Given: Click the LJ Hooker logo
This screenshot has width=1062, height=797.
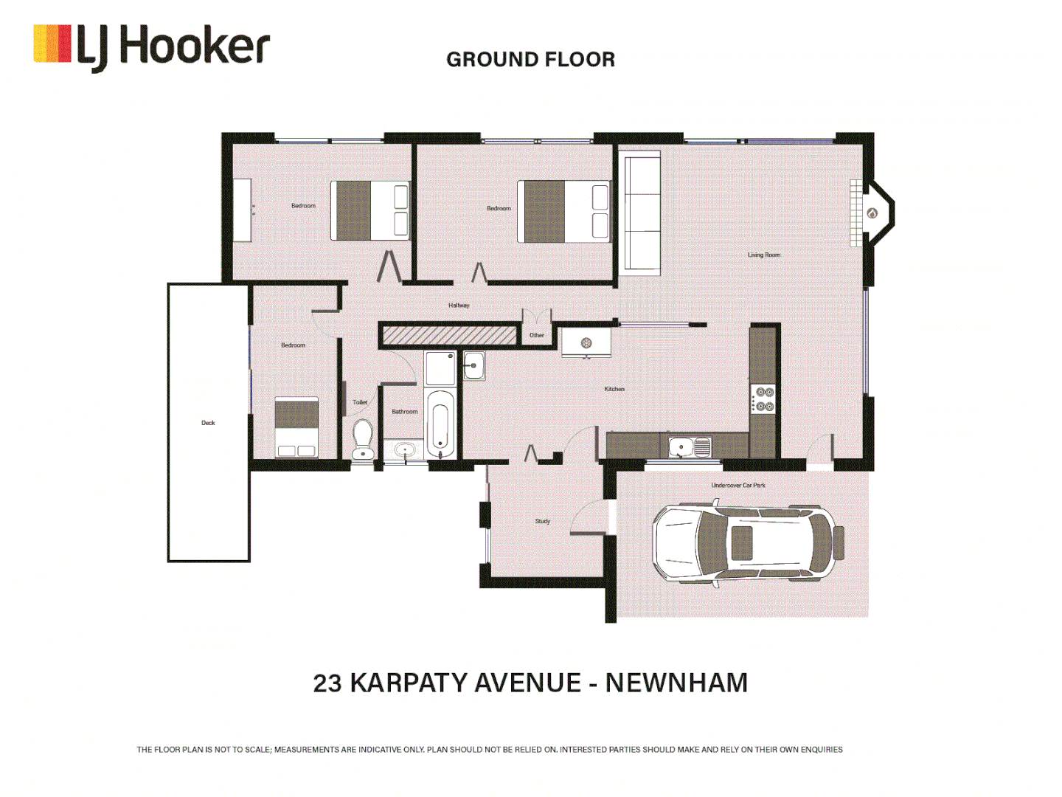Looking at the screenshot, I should pos(151,46).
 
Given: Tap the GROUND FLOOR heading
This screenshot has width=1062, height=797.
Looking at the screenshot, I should pos(530,60).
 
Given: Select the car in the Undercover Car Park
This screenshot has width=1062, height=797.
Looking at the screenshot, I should pos(747,543).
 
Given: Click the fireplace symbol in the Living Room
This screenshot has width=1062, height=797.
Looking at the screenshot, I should pos(872,213).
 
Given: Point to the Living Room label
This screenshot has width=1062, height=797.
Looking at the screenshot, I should pos(763,255).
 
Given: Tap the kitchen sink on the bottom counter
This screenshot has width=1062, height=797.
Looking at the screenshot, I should pos(689,446).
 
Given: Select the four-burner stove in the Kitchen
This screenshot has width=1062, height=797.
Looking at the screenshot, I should pos(764,399).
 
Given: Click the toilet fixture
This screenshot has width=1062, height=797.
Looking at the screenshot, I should pos(362,439).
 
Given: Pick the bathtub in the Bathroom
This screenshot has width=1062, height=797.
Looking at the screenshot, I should pos(440,424).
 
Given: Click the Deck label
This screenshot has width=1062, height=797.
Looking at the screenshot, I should pos(208,423).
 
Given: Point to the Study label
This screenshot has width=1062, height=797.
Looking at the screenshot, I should pos(542,521).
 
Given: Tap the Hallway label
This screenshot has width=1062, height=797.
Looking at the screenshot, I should pos(459,306).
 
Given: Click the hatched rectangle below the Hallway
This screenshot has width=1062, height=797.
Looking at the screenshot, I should pos(448,336).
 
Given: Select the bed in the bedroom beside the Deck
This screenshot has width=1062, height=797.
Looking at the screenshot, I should pos(296,428).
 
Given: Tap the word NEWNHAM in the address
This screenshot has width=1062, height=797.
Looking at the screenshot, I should pos(676,683).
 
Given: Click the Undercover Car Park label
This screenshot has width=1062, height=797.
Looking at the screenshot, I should pos(737,486).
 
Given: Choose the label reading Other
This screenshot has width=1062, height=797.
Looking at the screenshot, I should pos(536,336).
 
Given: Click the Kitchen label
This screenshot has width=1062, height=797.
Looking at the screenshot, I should pos(614,389).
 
